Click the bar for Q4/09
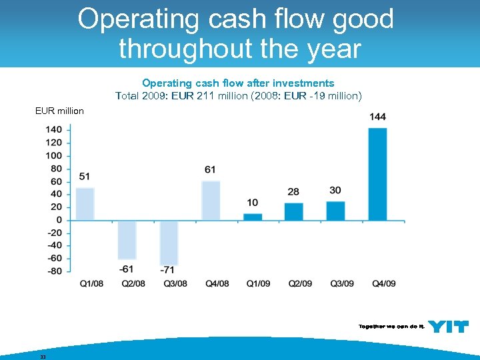point(377,174)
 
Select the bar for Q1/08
point(85,204)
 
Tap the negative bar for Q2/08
point(127,239)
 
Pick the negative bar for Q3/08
point(169,243)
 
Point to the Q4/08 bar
point(211,201)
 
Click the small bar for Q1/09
point(253,217)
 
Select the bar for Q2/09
point(294,211)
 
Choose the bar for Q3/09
point(335,211)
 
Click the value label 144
point(377,117)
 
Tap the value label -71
point(168,270)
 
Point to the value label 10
point(252,203)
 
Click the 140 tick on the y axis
point(55,130)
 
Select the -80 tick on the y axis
point(55,271)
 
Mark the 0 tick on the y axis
point(59,220)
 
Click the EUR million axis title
point(59,111)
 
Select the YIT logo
point(448,327)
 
